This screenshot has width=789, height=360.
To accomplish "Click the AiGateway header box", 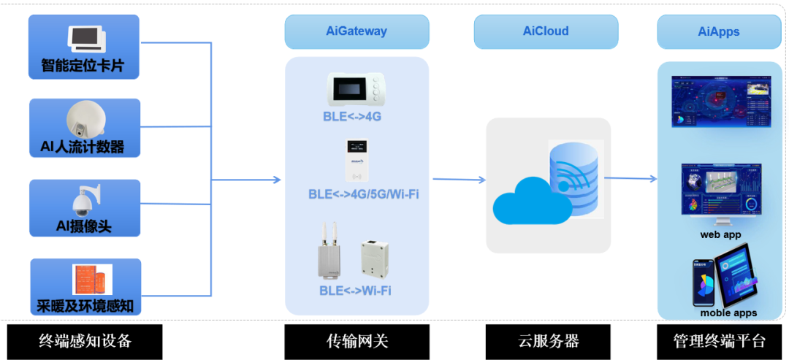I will tap(357, 31).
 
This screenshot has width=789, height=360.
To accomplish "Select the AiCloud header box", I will tap(546, 31).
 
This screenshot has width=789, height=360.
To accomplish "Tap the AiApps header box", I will tap(719, 31).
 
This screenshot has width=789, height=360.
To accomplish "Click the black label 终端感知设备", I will tap(85, 341).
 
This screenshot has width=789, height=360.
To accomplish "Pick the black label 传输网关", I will tap(357, 341).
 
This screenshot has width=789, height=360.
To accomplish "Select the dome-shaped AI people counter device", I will tap(86, 119).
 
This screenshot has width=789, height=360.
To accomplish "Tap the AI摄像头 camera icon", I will tap(85, 199).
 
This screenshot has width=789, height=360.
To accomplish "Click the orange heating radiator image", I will tap(92, 280).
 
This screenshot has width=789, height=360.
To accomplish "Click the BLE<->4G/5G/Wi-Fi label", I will tap(363, 194).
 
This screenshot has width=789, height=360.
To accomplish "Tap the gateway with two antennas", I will tap(329, 252).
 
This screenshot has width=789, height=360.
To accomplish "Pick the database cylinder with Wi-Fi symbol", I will tap(576, 179).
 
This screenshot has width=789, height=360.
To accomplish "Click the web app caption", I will tap(720, 234).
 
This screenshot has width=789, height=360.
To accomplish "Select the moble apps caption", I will tap(728, 313).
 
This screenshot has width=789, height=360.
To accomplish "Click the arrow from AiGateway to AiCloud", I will tap(459, 179).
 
